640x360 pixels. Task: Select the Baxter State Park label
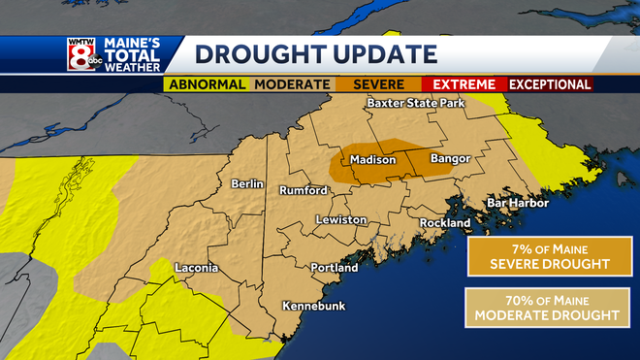[x=415, y=103]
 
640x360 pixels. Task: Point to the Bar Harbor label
[x=517, y=203]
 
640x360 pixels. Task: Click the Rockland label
[x=444, y=223]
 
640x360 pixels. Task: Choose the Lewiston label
[x=341, y=220]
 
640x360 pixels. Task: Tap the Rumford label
[x=304, y=190]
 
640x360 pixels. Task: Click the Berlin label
[x=247, y=183]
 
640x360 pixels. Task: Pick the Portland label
[x=334, y=268]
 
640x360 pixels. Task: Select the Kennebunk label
[x=314, y=306]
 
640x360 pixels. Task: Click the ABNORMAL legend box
[x=207, y=84]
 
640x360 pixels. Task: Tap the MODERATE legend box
[x=292, y=84]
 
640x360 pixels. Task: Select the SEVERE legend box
[x=378, y=84]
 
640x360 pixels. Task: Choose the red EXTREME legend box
[x=464, y=84]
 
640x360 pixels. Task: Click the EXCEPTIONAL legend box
[x=550, y=84]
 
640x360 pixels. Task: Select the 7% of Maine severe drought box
[x=540, y=256]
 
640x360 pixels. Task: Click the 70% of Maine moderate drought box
[x=540, y=308]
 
